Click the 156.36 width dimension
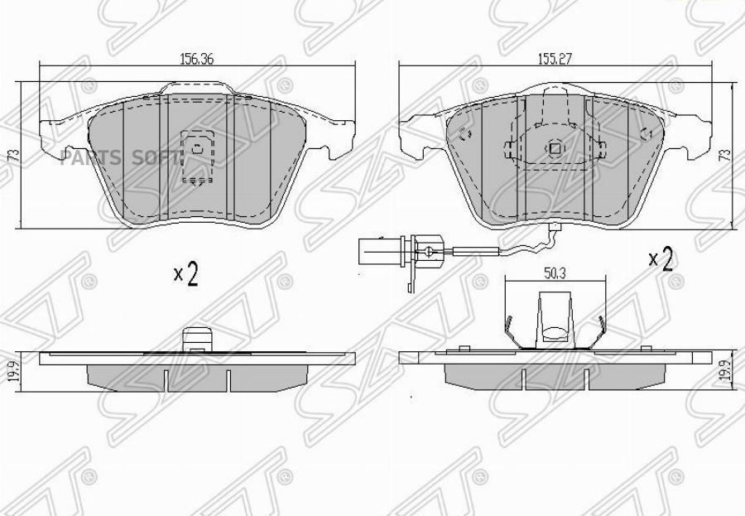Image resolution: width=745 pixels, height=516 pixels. pos(197,59)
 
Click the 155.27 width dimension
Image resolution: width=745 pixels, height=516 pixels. pos(555,59)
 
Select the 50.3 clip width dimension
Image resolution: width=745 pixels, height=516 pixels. pos(555,274)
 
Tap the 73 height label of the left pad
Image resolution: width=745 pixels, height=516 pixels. pos(15,155)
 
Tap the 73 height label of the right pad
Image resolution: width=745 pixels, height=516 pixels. pos(724,155)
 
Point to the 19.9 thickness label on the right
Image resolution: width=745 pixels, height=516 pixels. pos(724,372)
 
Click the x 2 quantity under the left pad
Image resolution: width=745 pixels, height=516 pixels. pos(185,274)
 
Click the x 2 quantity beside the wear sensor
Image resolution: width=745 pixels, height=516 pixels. pos(661,259)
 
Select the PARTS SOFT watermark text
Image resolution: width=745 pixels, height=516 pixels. pos(121,157)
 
